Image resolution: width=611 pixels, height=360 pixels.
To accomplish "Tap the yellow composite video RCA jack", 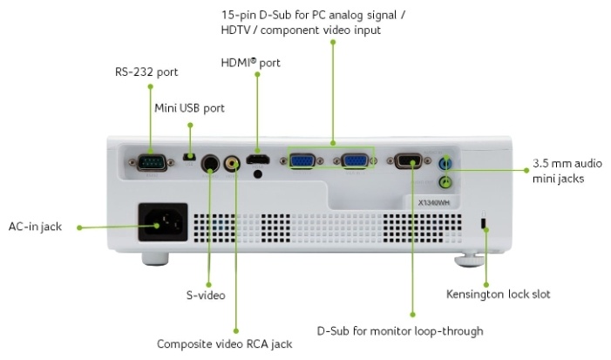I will [x=233, y=162].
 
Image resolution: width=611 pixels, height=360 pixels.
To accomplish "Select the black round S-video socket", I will [x=210, y=163].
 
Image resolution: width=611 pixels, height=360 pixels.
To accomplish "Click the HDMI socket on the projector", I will [x=257, y=160].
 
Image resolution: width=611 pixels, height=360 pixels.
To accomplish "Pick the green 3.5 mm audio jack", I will [x=446, y=181].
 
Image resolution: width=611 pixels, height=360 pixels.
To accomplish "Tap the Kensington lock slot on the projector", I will [x=485, y=224].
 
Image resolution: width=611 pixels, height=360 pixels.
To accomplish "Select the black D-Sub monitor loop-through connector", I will [x=410, y=160].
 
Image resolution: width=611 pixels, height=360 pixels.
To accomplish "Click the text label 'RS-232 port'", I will [x=146, y=71].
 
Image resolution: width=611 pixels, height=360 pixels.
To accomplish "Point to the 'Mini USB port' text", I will [x=189, y=108].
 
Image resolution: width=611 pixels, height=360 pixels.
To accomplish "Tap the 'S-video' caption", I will [x=206, y=295].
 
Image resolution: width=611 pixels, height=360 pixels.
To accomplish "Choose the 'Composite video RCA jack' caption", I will [x=225, y=343].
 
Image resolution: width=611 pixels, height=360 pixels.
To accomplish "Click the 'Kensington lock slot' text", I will [x=498, y=294].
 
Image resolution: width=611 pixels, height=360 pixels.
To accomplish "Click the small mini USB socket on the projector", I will [x=190, y=157].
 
